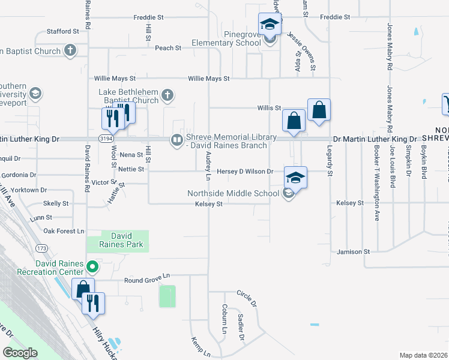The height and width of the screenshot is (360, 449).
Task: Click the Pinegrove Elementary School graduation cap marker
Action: [x=270, y=25]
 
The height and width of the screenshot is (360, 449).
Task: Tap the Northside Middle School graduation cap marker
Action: [x=295, y=178]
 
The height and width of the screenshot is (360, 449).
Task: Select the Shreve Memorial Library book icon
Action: [x=177, y=140]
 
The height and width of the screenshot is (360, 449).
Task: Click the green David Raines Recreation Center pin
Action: [x=92, y=266]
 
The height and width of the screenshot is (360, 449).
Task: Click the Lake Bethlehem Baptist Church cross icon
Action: [x=167, y=95]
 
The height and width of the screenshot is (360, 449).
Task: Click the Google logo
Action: [x=19, y=353]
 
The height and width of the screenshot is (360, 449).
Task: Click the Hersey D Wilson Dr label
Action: [x=245, y=172]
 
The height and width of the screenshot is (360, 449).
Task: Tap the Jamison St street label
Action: [x=353, y=252]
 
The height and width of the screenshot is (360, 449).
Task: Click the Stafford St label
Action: [x=63, y=31]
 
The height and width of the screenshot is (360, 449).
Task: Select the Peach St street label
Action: [x=168, y=48]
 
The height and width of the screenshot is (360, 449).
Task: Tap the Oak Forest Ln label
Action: [x=64, y=231]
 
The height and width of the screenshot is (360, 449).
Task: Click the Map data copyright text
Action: [x=423, y=355]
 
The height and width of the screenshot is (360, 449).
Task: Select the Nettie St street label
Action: [x=132, y=169]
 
